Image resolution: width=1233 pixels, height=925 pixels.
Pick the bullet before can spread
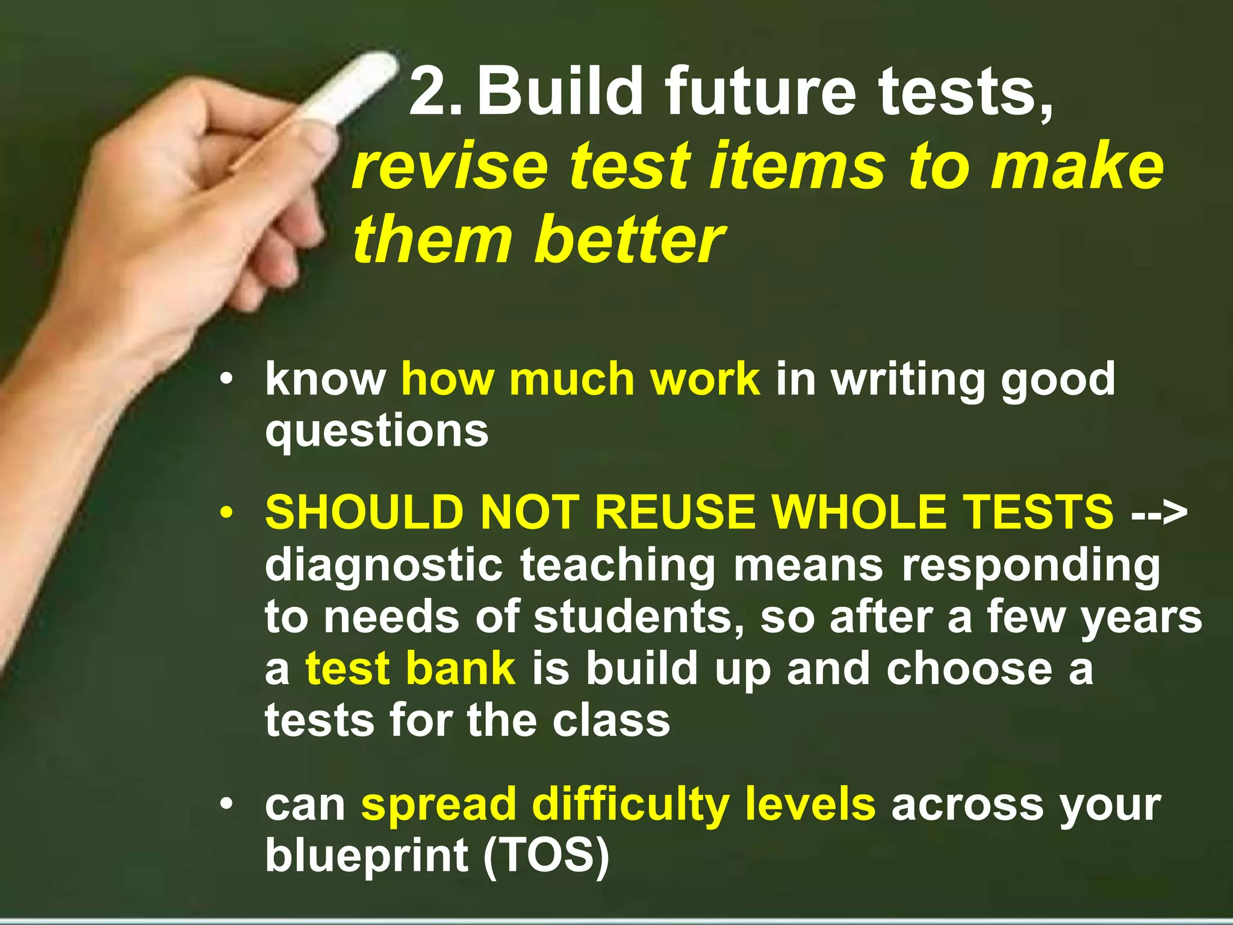click(x=226, y=805)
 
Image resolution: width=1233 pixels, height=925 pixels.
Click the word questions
click(x=377, y=431)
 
